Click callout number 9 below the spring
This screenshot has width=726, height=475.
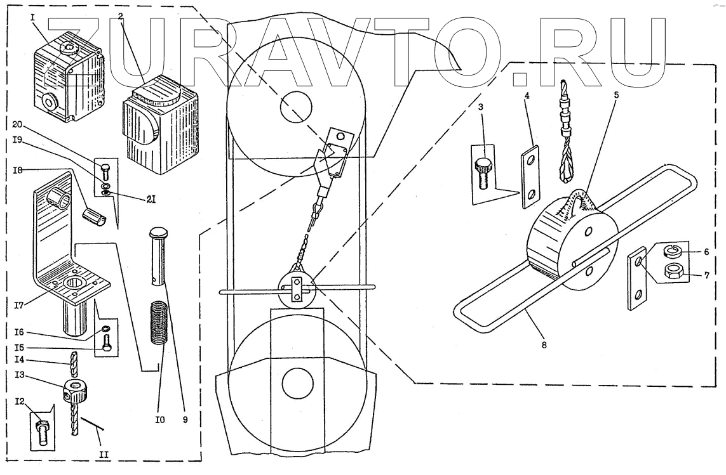coord(185,419)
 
